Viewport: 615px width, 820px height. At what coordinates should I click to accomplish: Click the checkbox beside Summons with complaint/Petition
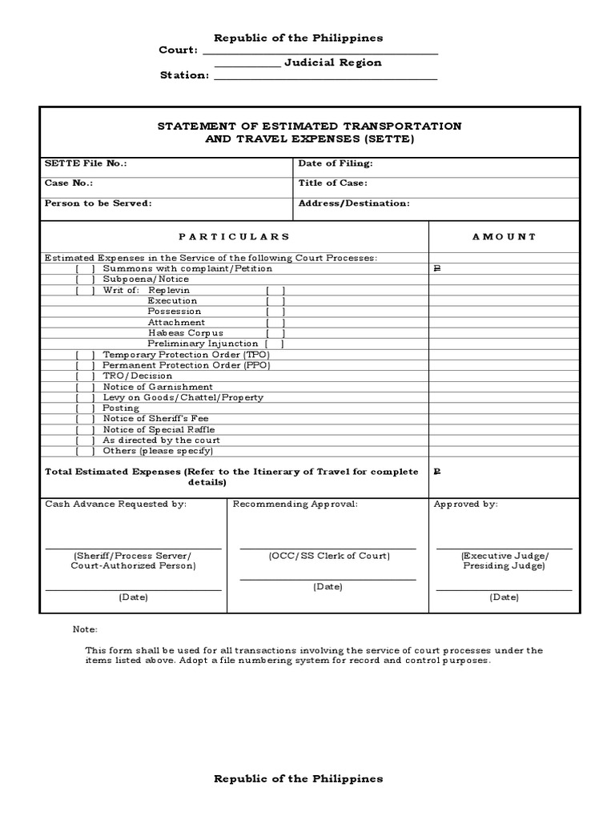click(x=86, y=268)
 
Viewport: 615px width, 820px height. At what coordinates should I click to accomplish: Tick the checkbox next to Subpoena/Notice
click(x=86, y=279)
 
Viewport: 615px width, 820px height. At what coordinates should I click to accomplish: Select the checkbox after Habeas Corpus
click(x=275, y=332)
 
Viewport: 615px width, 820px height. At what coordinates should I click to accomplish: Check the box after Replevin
click(x=275, y=290)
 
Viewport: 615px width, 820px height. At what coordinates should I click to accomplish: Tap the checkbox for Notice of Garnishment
click(x=86, y=387)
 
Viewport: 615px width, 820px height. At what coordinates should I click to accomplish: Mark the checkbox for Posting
click(x=86, y=408)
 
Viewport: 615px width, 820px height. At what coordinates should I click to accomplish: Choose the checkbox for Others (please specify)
click(x=86, y=451)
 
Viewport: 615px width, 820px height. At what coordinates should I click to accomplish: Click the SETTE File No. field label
click(x=86, y=163)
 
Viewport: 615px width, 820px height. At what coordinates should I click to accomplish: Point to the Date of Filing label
click(x=336, y=163)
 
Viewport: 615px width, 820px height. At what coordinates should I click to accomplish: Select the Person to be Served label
click(x=98, y=203)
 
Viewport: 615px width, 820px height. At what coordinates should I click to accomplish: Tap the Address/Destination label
click(x=354, y=203)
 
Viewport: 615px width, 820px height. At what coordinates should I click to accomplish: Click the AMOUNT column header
click(x=504, y=237)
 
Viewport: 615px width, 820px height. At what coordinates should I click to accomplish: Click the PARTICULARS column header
click(x=234, y=237)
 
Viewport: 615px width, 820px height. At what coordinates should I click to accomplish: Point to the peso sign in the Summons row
click(x=437, y=269)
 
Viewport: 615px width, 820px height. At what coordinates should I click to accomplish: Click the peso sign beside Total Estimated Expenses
click(x=437, y=472)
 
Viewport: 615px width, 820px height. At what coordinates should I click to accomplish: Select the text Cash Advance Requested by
click(x=115, y=504)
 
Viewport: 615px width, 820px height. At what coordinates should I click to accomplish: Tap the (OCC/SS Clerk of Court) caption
click(x=329, y=556)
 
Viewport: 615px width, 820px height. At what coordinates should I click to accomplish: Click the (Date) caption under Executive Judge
click(x=504, y=597)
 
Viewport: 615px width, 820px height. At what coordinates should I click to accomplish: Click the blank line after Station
click(x=325, y=78)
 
